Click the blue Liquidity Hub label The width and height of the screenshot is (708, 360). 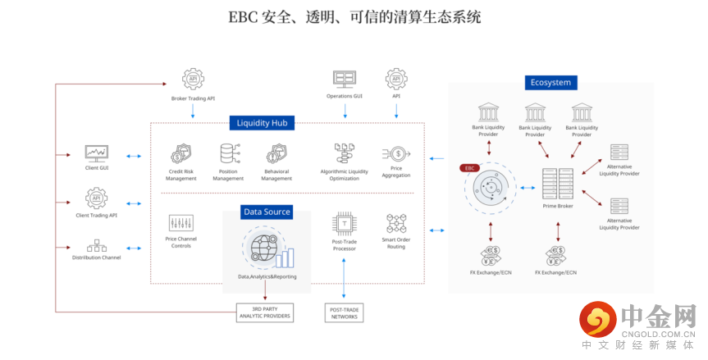tap(261, 123)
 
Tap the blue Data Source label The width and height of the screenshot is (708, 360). tap(267, 212)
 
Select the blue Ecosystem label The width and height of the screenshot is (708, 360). tap(551, 82)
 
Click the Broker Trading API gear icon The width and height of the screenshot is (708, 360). tap(193, 80)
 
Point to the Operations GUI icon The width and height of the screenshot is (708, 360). tap(345, 79)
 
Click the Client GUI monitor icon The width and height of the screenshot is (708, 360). tap(97, 153)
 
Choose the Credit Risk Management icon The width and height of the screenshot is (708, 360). tap(180, 153)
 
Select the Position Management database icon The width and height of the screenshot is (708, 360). tap(228, 153)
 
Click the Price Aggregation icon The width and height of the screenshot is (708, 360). tap(397, 153)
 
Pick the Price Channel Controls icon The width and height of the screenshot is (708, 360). tap(180, 223)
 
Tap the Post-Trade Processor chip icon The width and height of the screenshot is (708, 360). tap(344, 223)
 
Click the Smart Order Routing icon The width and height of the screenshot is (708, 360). tap(396, 223)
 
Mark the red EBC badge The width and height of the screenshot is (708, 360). tap(470, 167)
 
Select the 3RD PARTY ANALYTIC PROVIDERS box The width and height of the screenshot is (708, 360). tap(263, 312)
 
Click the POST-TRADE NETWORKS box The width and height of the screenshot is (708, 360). tap(344, 312)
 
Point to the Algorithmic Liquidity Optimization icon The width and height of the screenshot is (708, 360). tap(344, 153)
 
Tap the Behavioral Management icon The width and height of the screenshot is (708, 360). tap(276, 153)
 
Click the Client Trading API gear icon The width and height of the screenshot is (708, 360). tap(97, 198)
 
